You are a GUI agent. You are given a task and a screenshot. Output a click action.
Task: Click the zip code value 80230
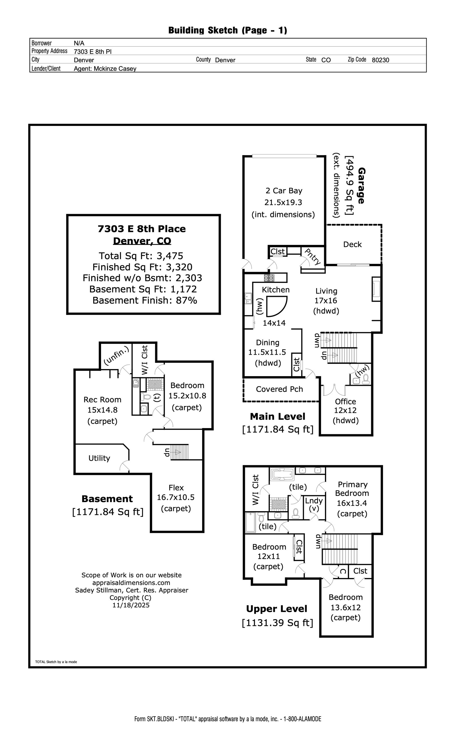coord(380,60)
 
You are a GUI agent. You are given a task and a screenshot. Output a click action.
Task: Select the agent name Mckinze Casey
coord(115,69)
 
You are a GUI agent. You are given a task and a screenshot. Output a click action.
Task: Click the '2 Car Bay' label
coord(284,191)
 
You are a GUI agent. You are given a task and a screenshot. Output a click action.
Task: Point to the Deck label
coord(352,244)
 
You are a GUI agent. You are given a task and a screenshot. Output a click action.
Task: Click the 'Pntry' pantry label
coord(312,257)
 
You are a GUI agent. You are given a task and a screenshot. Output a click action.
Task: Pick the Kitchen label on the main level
coord(275,290)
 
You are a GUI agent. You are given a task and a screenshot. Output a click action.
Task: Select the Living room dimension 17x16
coord(326,301)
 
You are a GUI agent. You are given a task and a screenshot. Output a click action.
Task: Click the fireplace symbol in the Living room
coord(376,289)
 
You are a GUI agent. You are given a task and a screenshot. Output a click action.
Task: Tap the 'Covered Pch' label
coord(279,389)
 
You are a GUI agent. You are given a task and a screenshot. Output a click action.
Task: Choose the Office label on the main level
coord(345,402)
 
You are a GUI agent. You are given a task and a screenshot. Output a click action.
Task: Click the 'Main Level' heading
coord(277,416)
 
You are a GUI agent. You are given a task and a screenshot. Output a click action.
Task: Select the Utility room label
coord(99,458)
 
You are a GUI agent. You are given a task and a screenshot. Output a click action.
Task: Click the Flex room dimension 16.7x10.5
coord(176,497)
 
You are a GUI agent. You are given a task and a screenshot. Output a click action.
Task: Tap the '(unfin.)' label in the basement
coord(116,355)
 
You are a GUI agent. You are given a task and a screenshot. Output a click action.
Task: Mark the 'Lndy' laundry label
coord(314,501)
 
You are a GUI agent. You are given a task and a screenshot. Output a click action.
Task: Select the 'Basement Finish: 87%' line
coord(145,301)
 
